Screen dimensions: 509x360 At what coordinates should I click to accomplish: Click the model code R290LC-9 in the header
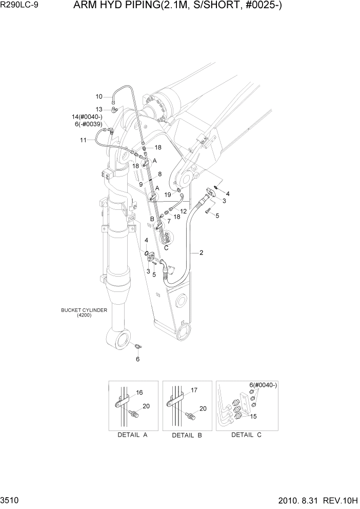(x=22, y=7)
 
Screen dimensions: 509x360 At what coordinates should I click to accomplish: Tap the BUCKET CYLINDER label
(x=84, y=310)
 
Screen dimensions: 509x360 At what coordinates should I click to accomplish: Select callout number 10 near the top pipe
(x=99, y=96)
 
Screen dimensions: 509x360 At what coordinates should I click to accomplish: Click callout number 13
(x=99, y=109)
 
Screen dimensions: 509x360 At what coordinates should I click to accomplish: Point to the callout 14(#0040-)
(x=88, y=117)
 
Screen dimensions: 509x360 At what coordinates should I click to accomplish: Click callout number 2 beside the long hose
(x=201, y=253)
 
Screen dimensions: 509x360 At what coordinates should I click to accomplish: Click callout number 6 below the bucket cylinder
(x=137, y=359)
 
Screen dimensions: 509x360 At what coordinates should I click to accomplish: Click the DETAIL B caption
(x=186, y=435)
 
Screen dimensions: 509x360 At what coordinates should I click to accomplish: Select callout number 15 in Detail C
(x=253, y=416)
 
